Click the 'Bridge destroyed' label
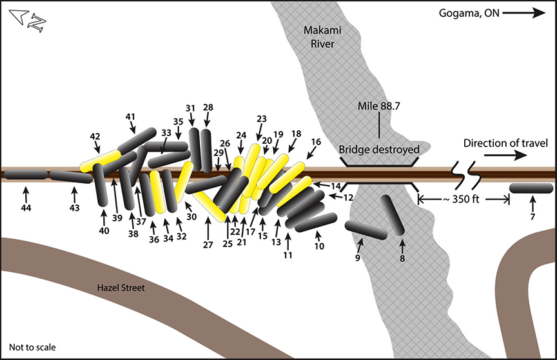coord(379,150)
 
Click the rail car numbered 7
coord(531,188)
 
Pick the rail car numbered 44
coord(24,174)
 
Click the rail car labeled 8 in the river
coord(392,215)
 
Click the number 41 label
coord(130,117)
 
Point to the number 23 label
coord(261,119)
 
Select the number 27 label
coord(209,245)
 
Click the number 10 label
coord(320,245)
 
